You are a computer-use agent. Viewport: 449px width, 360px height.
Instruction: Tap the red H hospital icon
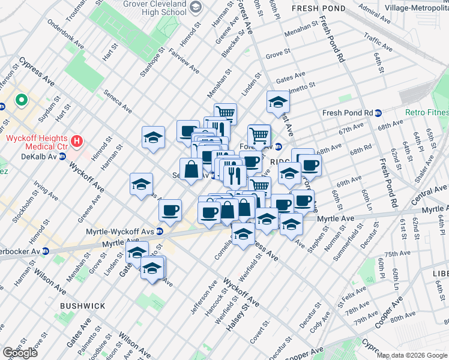point(77,142)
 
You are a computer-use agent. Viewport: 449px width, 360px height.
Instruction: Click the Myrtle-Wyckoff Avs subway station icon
point(160,231)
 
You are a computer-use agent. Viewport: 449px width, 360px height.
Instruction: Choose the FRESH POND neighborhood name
point(318,9)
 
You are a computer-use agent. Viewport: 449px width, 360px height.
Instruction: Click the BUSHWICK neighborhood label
point(82,306)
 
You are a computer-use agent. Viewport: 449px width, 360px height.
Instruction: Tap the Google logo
point(20,353)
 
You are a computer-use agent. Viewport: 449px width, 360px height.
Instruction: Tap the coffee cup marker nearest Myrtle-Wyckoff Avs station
point(170,211)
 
